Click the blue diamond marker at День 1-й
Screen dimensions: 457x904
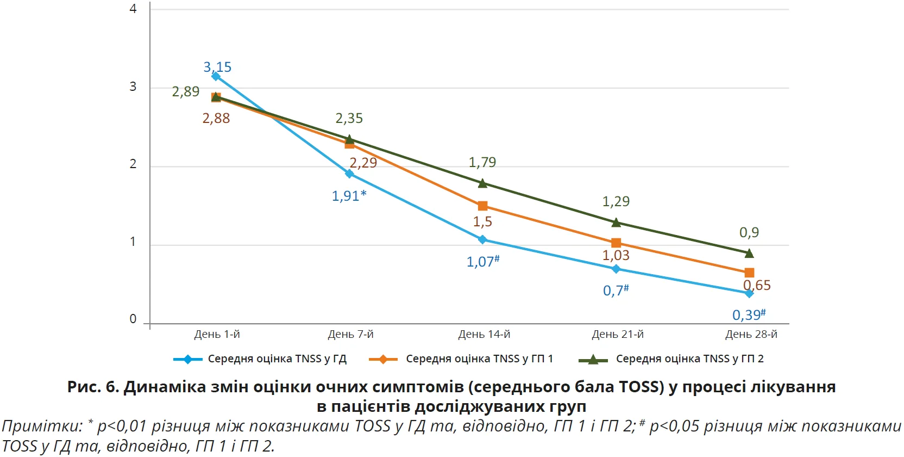pos(216,76)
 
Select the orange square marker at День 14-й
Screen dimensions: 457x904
pos(482,206)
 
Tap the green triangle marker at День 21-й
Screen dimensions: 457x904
pos(616,223)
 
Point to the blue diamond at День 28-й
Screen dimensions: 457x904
pos(749,293)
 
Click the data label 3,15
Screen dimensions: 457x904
pos(217,67)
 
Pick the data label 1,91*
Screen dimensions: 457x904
pos(349,196)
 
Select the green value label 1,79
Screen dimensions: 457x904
pos(482,162)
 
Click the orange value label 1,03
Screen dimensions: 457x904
pos(616,255)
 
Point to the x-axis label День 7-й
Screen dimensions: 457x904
pos(350,334)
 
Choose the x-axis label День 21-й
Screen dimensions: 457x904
pos(618,334)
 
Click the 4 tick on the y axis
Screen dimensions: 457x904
pos(133,9)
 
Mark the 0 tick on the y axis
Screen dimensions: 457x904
pos(133,319)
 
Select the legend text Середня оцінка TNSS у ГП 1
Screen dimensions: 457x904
pos(479,359)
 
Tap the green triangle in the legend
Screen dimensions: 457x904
pos(593,359)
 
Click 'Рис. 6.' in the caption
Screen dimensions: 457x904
pos(93,387)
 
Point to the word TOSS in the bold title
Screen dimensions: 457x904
pos(641,387)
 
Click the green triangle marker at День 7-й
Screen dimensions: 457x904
pos(349,139)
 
